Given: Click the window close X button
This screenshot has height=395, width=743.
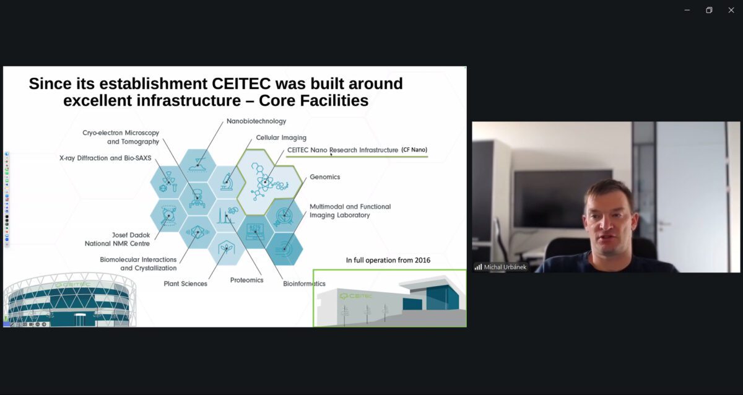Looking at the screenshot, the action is pos(731,11).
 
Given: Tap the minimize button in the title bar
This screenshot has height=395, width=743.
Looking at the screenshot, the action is pos(687,11).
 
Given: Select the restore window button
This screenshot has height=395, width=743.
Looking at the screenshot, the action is pos(709,11).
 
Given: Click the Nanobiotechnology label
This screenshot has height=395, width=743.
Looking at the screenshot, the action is pos(256,121).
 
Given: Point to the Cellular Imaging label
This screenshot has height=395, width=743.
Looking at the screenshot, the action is pos(281,137).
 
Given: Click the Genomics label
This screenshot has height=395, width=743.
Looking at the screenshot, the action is pos(324,177).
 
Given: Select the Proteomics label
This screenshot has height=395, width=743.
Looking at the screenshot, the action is pos(246,280).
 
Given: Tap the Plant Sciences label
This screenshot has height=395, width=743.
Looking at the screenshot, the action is pos(185,284).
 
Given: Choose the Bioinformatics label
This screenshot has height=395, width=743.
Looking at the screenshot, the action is pos(304,284).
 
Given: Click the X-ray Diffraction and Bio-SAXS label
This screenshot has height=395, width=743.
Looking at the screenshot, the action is pos(105,158).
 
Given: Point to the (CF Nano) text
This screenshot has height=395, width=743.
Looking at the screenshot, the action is pos(414,150).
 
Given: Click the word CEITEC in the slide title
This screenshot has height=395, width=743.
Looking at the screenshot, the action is pos(241,84).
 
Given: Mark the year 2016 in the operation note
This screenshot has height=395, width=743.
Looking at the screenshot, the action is pos(422,260).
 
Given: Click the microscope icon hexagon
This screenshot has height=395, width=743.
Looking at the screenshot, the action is pos(227,182).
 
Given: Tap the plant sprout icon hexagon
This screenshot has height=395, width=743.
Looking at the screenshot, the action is pos(227,248).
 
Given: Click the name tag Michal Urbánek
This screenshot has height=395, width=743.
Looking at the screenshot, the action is pos(505,267).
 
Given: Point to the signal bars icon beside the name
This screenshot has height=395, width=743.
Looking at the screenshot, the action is pos(478,267).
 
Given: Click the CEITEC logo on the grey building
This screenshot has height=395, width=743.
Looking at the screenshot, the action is pos(355,295).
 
